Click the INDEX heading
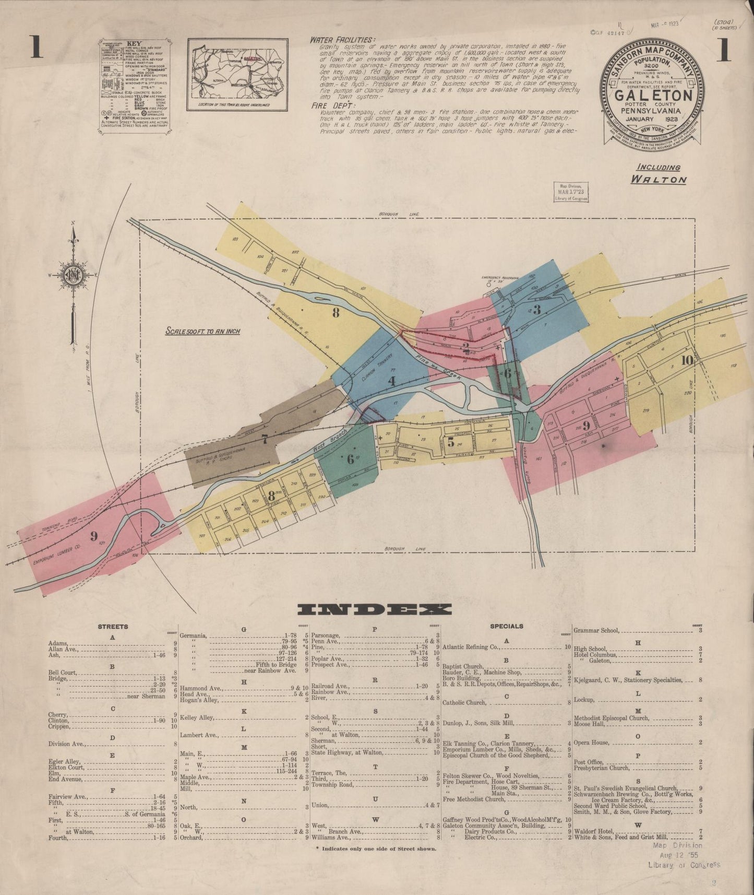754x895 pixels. click(x=374, y=609)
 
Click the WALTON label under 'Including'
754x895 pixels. click(x=659, y=179)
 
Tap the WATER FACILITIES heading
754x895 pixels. click(x=342, y=40)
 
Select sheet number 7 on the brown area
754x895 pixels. click(x=265, y=440)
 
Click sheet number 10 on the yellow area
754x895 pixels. click(x=687, y=360)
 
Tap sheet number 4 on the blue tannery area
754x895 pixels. click(x=391, y=381)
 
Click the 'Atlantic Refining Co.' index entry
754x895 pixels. click(x=471, y=646)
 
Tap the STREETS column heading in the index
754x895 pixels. click(x=113, y=626)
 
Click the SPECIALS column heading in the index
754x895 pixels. click(x=506, y=626)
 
